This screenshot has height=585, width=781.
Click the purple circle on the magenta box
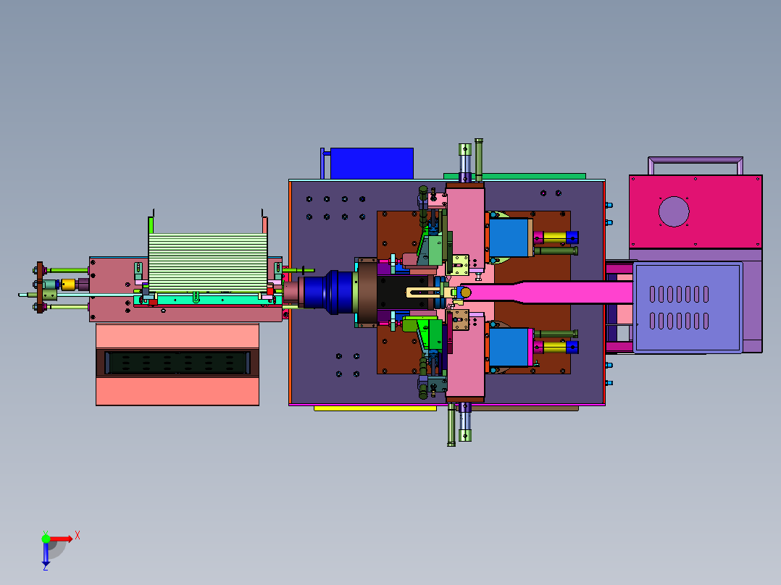tap(674, 211)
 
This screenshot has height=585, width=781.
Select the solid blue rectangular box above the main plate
tap(372, 164)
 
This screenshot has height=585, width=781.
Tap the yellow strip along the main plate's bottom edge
tap(375, 408)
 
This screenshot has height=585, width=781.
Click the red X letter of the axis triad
tap(78, 536)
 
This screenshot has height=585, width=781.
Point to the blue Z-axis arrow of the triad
tap(46, 554)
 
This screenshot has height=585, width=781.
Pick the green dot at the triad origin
tap(46, 538)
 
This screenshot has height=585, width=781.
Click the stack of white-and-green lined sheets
tap(208, 262)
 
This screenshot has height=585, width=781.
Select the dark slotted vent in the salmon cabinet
tap(177, 363)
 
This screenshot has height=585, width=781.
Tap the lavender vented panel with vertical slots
tap(688, 308)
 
